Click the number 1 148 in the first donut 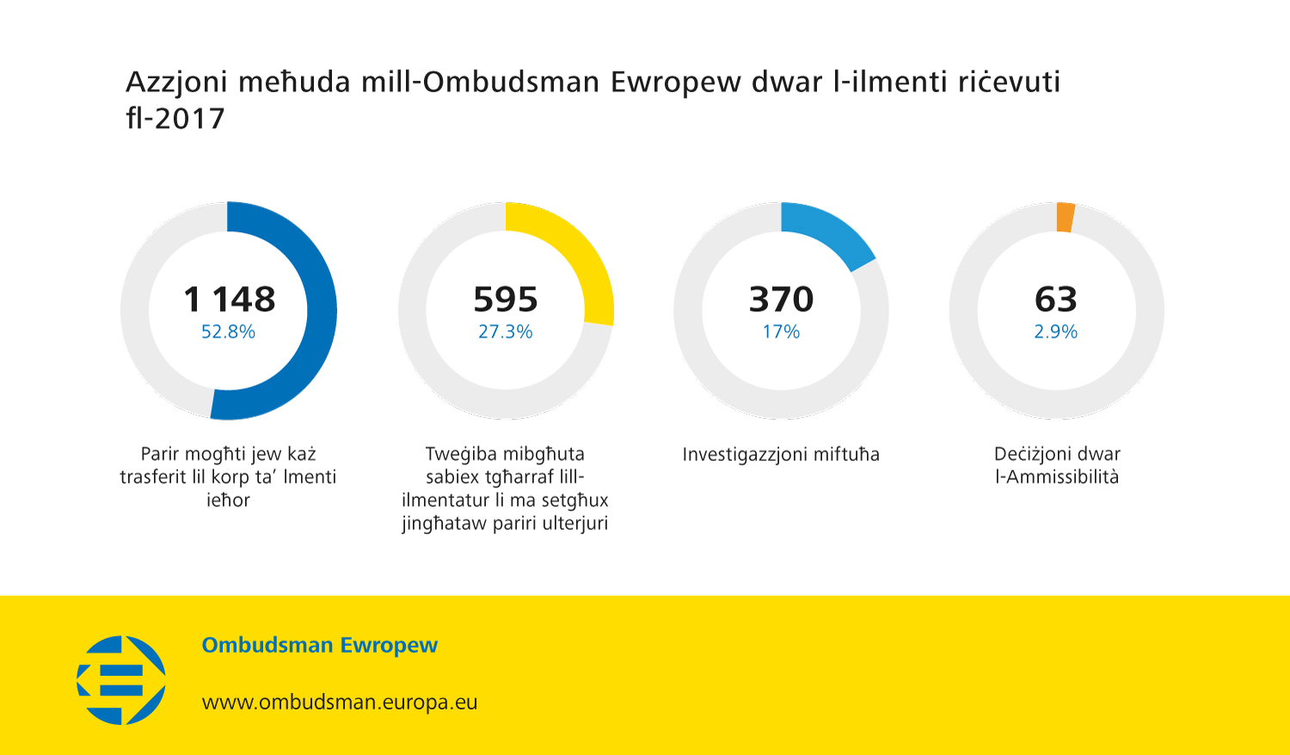(230, 299)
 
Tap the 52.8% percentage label (228, 332)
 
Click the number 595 (506, 299)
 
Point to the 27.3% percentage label (506, 332)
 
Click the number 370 (781, 299)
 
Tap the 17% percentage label (781, 332)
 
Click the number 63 (1056, 299)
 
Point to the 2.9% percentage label (1056, 332)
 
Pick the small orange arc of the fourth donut (1066, 218)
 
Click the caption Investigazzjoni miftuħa (781, 454)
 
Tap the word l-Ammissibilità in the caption (1057, 477)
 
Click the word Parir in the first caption (161, 454)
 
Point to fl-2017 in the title (175, 119)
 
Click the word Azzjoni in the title (176, 82)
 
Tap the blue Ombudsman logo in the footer (121, 679)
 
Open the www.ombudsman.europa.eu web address (340, 703)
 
